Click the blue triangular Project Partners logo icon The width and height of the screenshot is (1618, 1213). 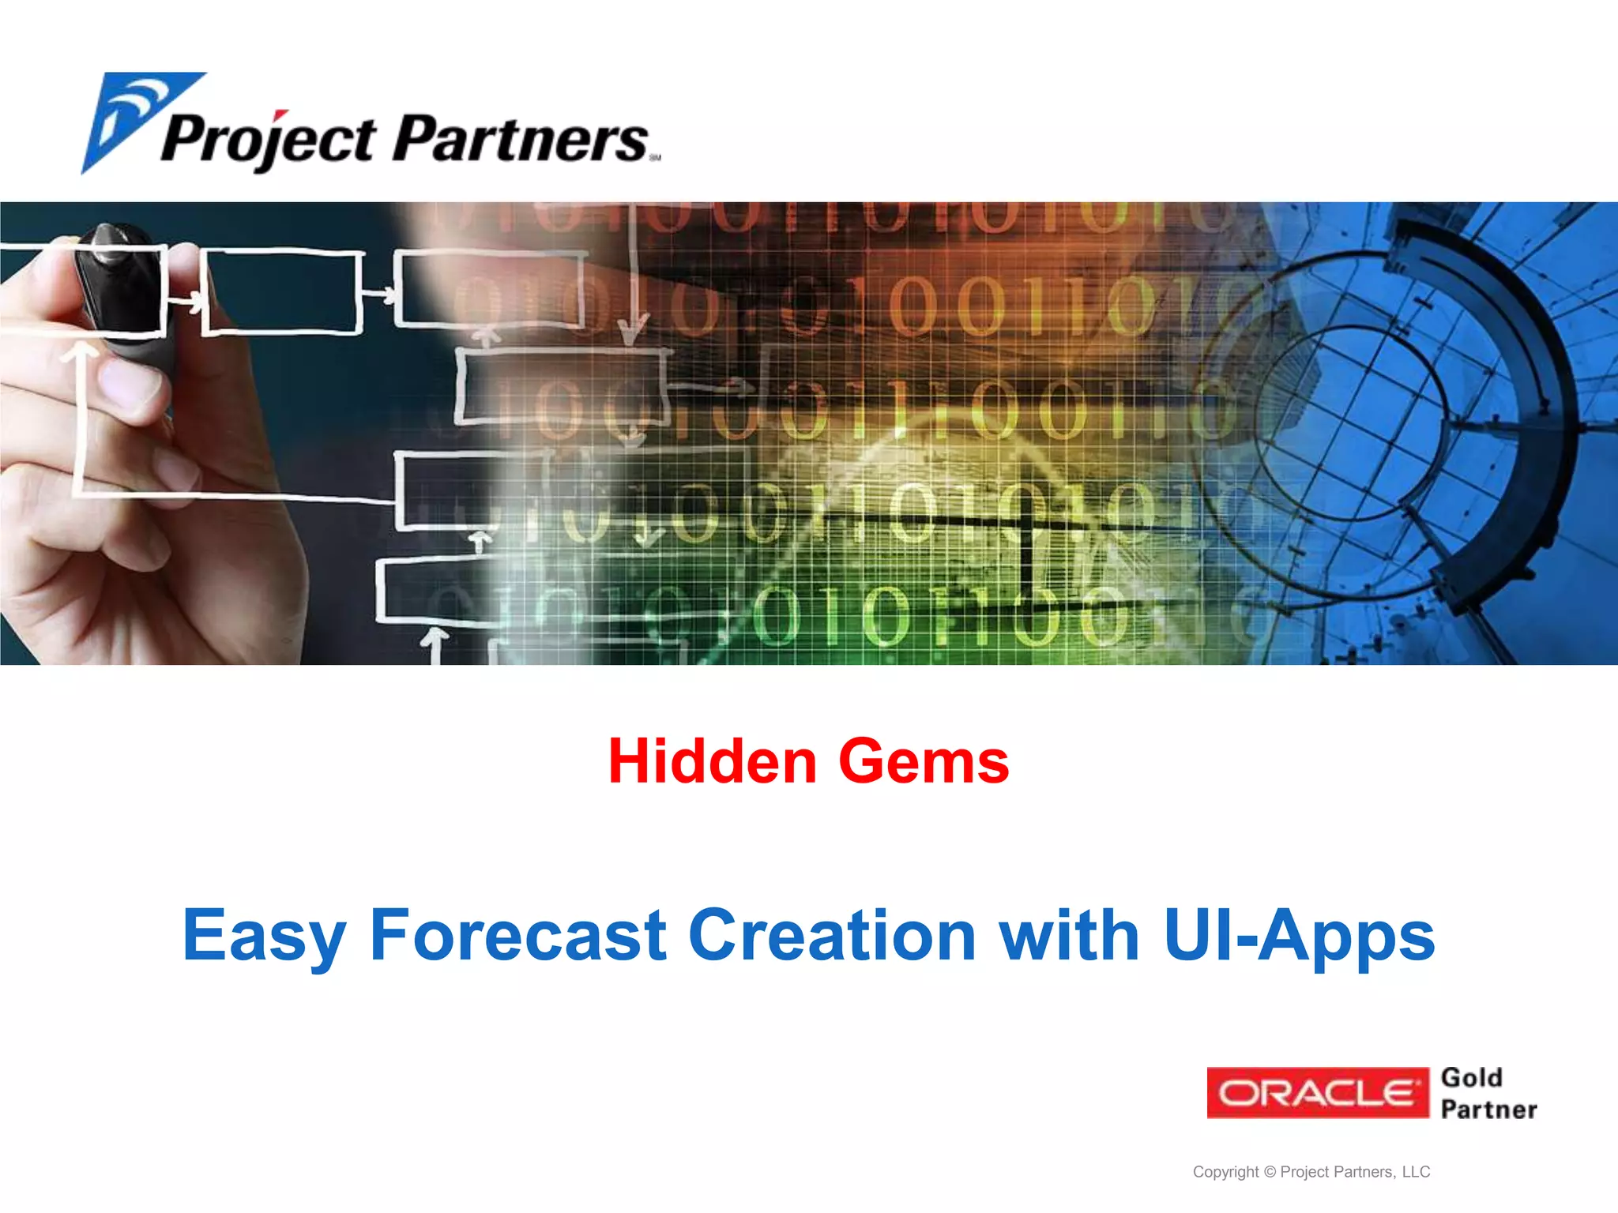click(134, 118)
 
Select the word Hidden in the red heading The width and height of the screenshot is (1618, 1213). click(712, 761)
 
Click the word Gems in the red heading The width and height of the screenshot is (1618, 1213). click(924, 761)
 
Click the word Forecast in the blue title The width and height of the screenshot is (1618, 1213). click(518, 935)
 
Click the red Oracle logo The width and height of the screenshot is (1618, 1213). click(1318, 1093)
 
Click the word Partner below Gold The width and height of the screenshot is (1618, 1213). click(1488, 1110)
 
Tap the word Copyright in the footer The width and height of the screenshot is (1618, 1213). click(1225, 1172)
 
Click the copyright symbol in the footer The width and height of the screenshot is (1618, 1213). click(1270, 1172)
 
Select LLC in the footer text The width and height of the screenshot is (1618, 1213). click(1416, 1172)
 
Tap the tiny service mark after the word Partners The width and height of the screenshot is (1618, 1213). click(655, 158)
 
